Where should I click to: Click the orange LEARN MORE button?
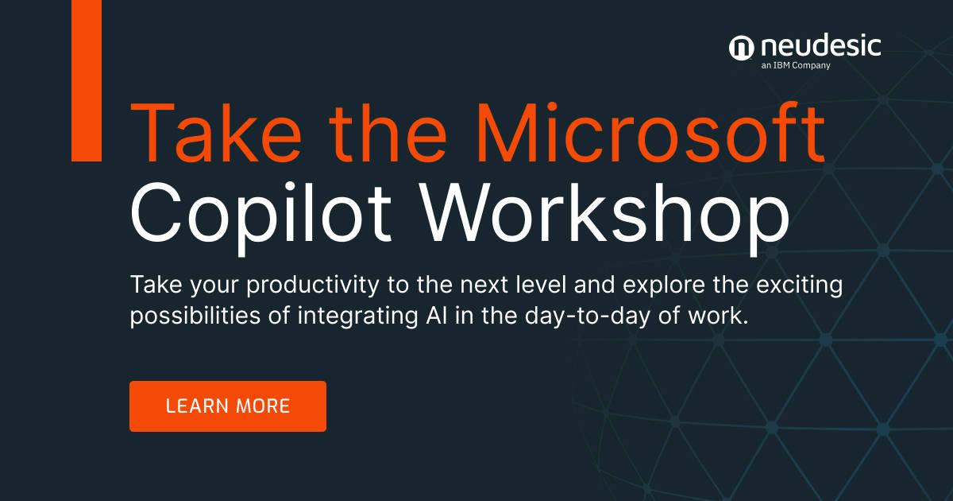[227, 406]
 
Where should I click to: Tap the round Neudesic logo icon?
[740, 49]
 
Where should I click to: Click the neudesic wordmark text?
[820, 45]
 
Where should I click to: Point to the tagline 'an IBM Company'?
[795, 66]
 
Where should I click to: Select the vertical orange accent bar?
[87, 80]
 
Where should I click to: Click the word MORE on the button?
[263, 406]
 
